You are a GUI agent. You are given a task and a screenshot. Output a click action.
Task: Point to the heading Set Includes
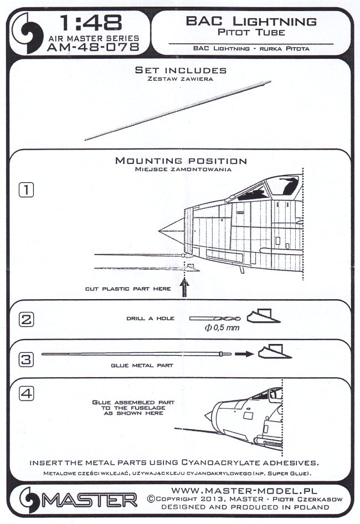(181, 70)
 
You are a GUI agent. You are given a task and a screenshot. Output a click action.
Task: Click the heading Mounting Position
(181, 161)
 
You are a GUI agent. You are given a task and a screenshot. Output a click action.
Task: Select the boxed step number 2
(27, 320)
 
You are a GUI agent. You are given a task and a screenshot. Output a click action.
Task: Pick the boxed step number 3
(27, 358)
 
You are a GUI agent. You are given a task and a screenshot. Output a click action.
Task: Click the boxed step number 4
(27, 394)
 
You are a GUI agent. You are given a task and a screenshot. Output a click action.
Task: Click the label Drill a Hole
(151, 319)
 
